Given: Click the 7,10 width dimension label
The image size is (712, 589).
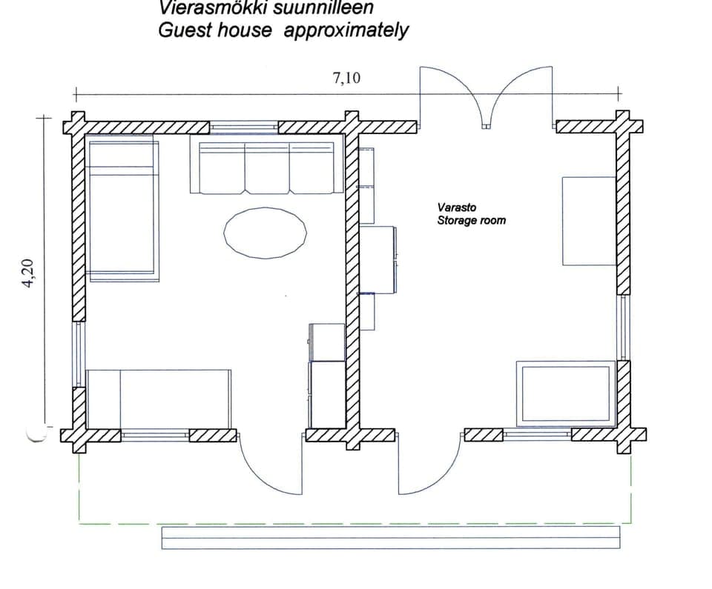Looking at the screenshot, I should (x=346, y=77).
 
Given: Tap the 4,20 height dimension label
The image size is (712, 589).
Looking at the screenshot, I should (x=30, y=273).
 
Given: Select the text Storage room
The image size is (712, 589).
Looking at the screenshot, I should (x=471, y=220).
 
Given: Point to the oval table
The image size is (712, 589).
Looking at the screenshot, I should (x=265, y=233).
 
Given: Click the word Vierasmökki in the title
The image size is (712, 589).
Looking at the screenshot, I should (x=203, y=8).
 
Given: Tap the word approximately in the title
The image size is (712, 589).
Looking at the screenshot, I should (x=346, y=31).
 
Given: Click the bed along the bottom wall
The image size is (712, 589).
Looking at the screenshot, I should (x=159, y=399).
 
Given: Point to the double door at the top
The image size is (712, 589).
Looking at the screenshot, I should (x=486, y=96).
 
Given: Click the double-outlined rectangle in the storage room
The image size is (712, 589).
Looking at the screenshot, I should (x=566, y=393).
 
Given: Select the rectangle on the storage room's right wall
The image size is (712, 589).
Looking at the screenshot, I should (x=589, y=221).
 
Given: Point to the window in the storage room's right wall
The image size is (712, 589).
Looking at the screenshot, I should (x=623, y=327).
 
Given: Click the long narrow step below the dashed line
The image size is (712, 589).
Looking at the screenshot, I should (x=390, y=538).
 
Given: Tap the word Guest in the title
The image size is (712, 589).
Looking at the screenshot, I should (x=182, y=31).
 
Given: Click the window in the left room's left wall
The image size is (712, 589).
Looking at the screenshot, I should (x=78, y=354).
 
